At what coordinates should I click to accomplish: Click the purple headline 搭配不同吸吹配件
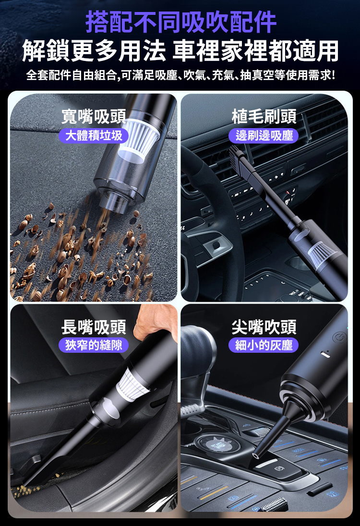click(x=181, y=22)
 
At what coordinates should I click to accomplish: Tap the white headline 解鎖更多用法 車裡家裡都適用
click(x=180, y=51)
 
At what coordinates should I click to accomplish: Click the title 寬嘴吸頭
click(x=94, y=117)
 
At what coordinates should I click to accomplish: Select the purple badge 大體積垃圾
click(x=94, y=135)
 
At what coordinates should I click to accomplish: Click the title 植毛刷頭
click(x=264, y=117)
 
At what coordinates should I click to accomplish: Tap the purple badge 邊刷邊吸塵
click(x=264, y=135)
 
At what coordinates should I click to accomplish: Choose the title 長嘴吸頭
click(x=94, y=327)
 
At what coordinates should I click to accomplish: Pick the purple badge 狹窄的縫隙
click(x=94, y=345)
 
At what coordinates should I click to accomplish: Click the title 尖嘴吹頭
click(x=264, y=327)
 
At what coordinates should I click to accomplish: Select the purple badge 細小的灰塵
click(x=264, y=345)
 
